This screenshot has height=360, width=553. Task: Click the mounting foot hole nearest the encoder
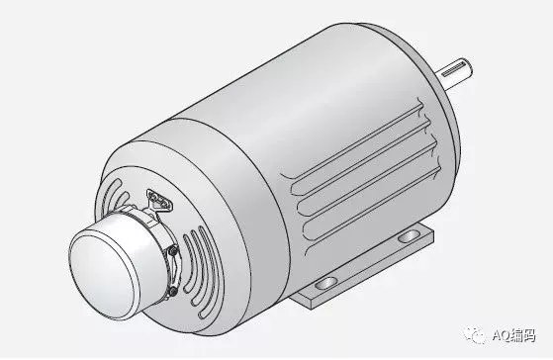pyautogui.click(x=325, y=283)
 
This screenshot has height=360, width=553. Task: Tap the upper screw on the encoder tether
pyautogui.click(x=172, y=250)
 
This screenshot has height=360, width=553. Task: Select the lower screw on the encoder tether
pyautogui.click(x=173, y=291)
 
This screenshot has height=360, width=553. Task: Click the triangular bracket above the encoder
pyautogui.click(x=159, y=202)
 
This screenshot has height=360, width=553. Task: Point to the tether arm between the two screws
pyautogui.click(x=174, y=271)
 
